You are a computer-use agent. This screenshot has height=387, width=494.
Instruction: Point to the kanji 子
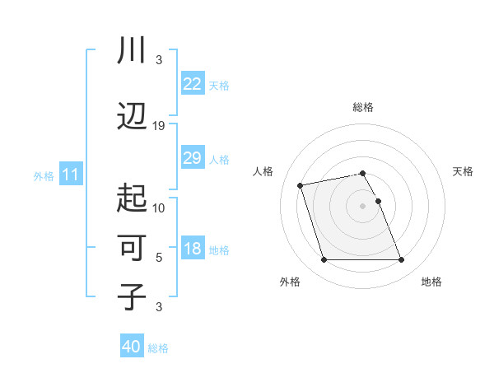[132, 297]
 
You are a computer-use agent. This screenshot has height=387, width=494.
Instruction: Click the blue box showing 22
[193, 83]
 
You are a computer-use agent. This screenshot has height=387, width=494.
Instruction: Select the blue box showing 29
[193, 158]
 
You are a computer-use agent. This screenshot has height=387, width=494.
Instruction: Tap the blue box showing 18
[193, 249]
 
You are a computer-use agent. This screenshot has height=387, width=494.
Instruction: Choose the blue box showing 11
[70, 175]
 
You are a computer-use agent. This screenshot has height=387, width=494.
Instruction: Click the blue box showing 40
[132, 347]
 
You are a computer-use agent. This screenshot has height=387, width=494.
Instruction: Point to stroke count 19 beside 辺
[159, 126]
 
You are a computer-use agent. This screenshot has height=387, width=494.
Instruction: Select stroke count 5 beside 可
[159, 258]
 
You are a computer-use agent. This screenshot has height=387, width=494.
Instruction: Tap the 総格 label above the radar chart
[363, 107]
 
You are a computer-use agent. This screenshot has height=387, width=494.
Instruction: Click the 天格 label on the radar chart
[463, 171]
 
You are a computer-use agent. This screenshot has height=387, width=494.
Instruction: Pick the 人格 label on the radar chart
[264, 171]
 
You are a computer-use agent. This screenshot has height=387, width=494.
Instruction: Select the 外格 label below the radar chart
[290, 282]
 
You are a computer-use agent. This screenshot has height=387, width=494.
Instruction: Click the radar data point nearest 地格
[401, 260]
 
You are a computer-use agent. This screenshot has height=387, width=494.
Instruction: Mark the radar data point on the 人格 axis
[301, 184]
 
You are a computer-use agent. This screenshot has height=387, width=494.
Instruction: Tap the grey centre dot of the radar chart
[363, 205]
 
